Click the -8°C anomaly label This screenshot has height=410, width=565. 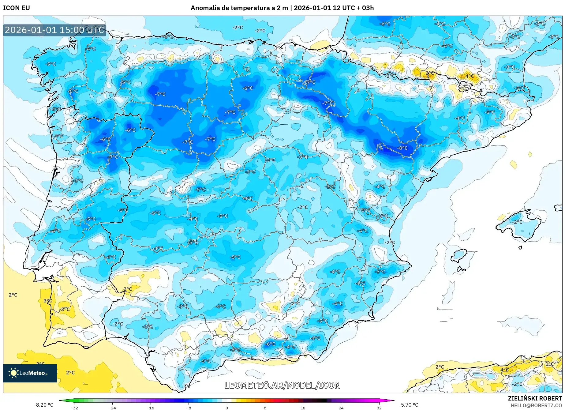click(402, 148)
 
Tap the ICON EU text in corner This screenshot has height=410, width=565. click(17, 8)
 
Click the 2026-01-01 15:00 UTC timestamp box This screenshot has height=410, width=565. click(54, 30)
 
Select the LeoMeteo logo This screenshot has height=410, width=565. click(30, 373)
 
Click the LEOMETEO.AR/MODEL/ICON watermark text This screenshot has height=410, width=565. click(282, 385)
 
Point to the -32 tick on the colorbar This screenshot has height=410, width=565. click(74, 408)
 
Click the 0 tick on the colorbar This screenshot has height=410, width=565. click(226, 408)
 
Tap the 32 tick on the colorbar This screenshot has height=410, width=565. click(379, 408)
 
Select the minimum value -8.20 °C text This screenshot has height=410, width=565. click(43, 405)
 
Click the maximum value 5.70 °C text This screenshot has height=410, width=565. click(410, 405)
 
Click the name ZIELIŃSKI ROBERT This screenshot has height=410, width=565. click(535, 398)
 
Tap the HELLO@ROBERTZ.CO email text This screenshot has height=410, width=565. click(536, 405)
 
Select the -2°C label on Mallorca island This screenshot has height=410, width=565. click(517, 222)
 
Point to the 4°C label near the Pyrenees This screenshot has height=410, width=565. click(470, 76)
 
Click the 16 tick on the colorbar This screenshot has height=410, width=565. click(303, 408)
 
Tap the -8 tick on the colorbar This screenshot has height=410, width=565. click(189, 408)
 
